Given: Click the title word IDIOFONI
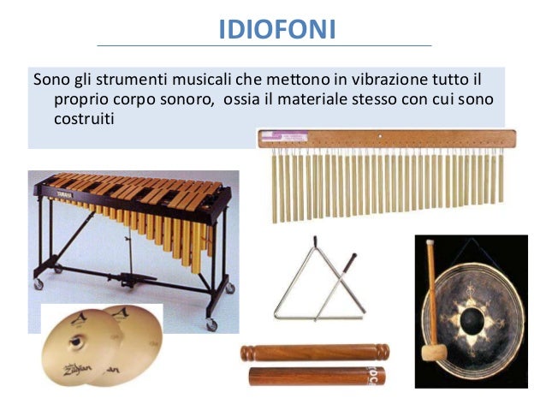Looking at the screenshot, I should tap(277, 29).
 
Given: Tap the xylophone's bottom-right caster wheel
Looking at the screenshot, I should tap(211, 324).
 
